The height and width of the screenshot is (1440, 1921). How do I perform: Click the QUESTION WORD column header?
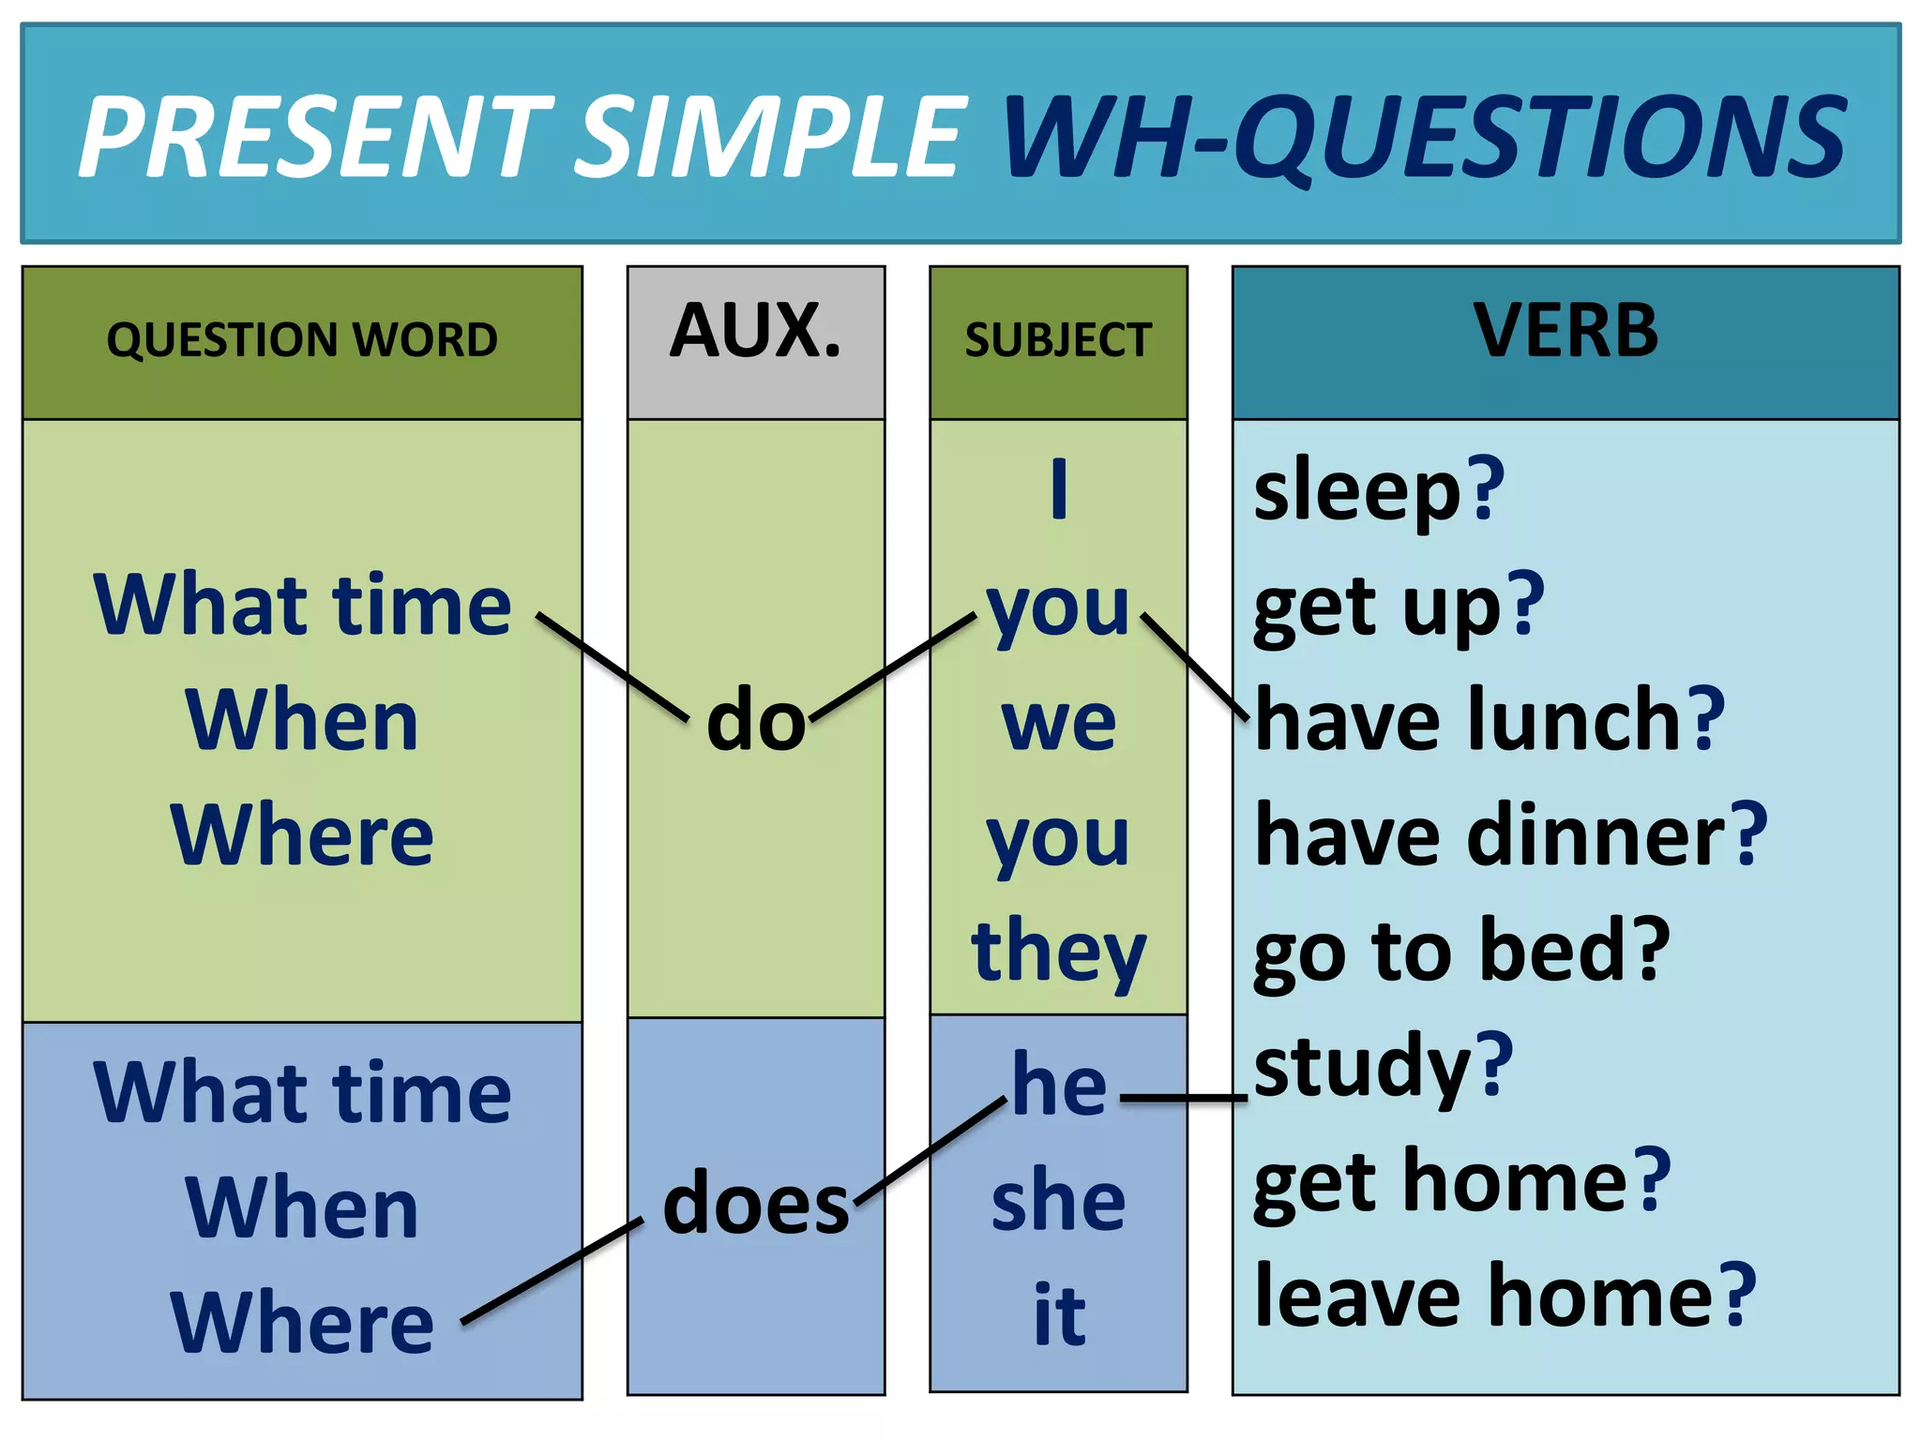point(302,339)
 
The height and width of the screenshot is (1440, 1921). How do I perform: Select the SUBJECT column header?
point(1058,339)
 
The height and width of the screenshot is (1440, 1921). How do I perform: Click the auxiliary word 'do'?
point(756,720)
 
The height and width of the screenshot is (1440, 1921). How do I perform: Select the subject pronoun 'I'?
point(1059,488)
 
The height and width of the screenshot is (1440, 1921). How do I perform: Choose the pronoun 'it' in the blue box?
point(1059,1315)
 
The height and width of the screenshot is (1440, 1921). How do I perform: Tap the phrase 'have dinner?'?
point(1510,834)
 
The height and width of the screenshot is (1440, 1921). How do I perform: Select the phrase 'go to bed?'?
point(1461,951)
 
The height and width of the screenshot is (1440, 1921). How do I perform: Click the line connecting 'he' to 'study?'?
point(1184,1097)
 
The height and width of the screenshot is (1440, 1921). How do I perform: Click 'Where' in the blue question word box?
point(302,1322)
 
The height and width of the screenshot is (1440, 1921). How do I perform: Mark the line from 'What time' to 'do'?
point(613,667)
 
